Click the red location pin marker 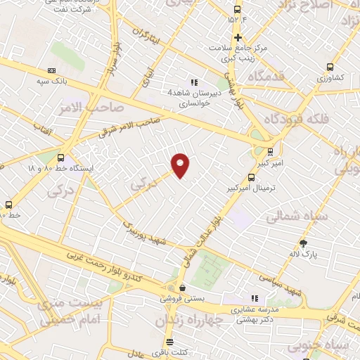point(181,165)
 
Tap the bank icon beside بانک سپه point(51,70)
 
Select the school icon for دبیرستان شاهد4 point(194,82)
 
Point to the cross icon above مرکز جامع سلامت point(238,37)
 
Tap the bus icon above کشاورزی point(330,67)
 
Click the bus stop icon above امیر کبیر point(270,151)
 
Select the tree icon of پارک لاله point(303,243)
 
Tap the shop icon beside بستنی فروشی point(183,288)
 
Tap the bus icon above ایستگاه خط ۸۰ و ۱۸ point(61,158)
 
